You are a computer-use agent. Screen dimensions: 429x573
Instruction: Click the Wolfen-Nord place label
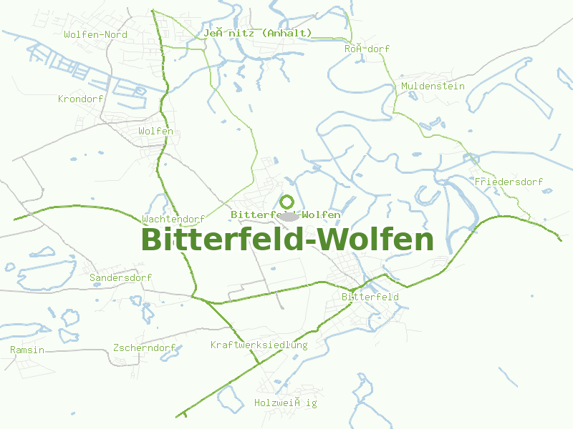(95, 34)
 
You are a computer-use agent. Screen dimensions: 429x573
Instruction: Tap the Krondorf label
(81, 99)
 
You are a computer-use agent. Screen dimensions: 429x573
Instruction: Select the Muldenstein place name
(433, 86)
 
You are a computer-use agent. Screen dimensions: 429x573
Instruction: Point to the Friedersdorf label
(509, 182)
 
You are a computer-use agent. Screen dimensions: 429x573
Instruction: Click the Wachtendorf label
(173, 219)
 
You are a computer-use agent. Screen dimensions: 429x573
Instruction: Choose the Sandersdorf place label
(120, 277)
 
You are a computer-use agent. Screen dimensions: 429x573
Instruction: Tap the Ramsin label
(27, 350)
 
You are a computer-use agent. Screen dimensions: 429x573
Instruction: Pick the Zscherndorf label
(144, 348)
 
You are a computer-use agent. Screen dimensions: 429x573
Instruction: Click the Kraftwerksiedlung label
(259, 345)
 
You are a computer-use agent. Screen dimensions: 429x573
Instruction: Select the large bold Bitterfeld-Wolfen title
(287, 240)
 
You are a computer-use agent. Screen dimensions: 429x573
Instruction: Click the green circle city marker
(287, 202)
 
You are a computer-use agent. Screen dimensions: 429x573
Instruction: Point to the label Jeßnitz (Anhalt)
(257, 33)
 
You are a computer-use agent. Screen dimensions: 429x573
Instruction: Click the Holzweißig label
(285, 403)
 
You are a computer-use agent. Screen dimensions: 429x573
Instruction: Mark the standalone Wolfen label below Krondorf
(155, 131)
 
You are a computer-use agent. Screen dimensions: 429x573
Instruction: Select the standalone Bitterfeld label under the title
(370, 296)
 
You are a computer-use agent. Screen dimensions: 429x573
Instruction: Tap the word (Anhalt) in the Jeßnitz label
(286, 33)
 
